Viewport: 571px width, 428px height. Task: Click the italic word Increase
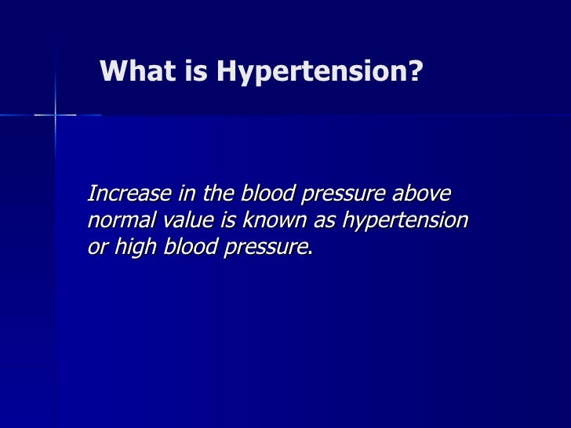pyautogui.click(x=124, y=194)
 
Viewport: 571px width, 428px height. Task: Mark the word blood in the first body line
pyautogui.click(x=271, y=194)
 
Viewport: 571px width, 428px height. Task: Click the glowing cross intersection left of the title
pyautogui.click(x=55, y=114)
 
